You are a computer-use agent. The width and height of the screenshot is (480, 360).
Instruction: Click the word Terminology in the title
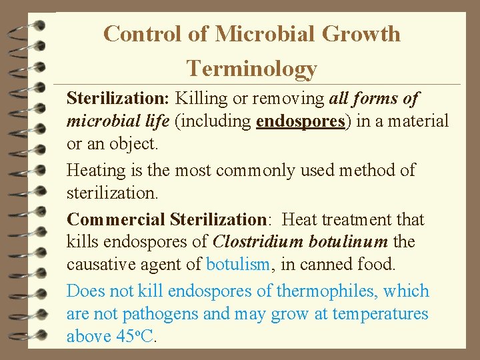[x=251, y=68]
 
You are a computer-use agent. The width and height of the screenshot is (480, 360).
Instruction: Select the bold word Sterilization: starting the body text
[x=118, y=99]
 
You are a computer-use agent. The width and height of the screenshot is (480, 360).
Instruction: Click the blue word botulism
[x=238, y=264]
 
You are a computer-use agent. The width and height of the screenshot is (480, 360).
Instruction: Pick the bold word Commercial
[x=116, y=219]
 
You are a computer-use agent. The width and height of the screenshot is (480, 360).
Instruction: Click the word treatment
[x=369, y=219]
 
